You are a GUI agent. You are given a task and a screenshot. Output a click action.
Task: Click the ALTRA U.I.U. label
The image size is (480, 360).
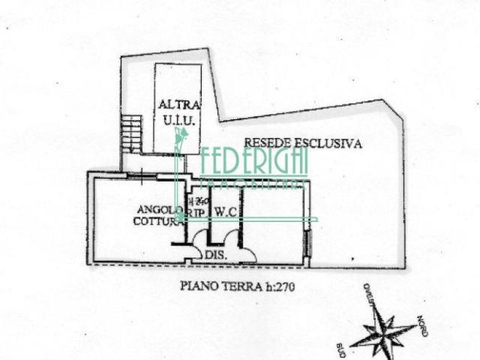coord(178,113)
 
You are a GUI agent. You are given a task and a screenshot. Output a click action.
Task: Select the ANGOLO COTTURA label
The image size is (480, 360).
coord(159,214)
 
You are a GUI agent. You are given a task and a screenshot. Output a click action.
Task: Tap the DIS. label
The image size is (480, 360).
coord(216,256)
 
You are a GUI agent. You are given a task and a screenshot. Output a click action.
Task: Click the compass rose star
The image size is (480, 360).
coord(384,331)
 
